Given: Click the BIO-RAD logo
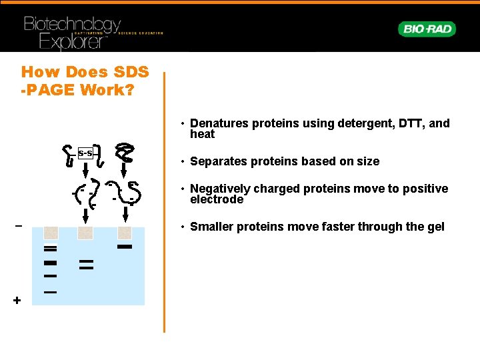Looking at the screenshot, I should point(427,29).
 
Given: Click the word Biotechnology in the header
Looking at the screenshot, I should point(72,25).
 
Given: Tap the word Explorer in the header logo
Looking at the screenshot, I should point(72,41).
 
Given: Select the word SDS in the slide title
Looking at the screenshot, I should point(127,72).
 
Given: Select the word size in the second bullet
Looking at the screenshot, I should point(367,161).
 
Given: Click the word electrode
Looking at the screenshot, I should point(217,199).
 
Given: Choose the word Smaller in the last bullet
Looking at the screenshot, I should point(211,227).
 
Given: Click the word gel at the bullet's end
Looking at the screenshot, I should point(435,227).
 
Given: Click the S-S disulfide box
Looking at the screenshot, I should point(85,153).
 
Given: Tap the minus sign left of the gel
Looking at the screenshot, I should point(18,225).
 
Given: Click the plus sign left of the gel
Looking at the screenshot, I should point(17,301).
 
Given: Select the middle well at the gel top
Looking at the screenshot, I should point(85,233).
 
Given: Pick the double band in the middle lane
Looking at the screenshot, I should point(85,265).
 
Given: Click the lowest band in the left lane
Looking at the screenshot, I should point(50,292).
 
